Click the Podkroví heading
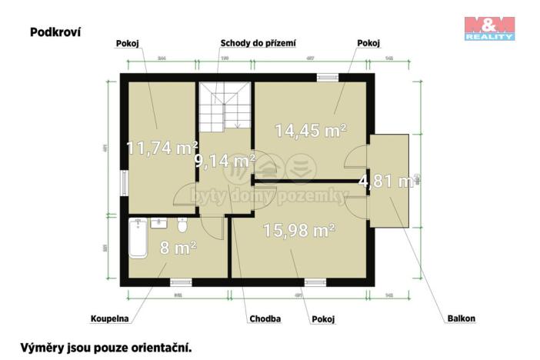[55, 32]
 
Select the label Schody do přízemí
[258, 44]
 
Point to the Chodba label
[265, 318]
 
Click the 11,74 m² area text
[162, 148]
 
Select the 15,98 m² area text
[298, 230]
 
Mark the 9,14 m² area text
[225, 161]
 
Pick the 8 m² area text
[178, 247]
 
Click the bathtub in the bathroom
[139, 238]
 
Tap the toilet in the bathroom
[182, 225]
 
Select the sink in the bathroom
[159, 223]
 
